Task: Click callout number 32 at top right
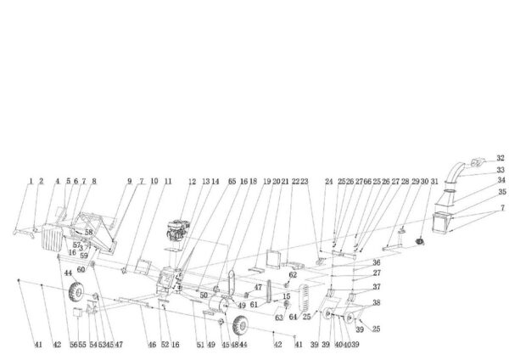pyautogui.click(x=500, y=159)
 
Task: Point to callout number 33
pyautogui.click(x=500, y=170)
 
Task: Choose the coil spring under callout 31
pyautogui.click(x=418, y=244)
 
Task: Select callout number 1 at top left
pyautogui.click(x=31, y=181)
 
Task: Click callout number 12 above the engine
pyautogui.click(x=193, y=182)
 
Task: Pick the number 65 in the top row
pyautogui.click(x=231, y=182)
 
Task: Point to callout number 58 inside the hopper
pyautogui.click(x=88, y=231)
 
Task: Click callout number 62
pyautogui.click(x=293, y=275)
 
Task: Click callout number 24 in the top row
pyautogui.click(x=328, y=182)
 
